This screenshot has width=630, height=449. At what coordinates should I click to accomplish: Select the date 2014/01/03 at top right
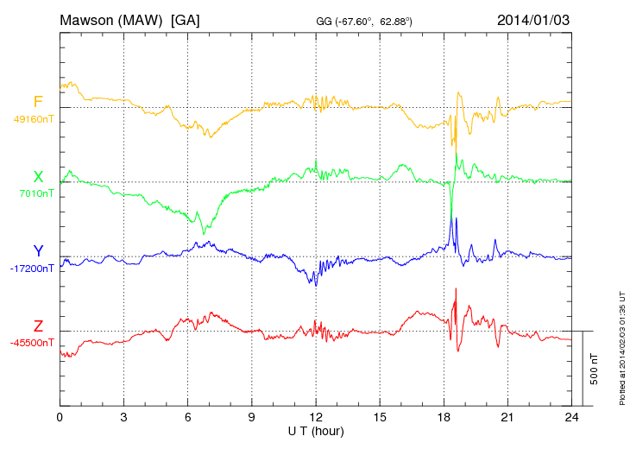click(x=533, y=20)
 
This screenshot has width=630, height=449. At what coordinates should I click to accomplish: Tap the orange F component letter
click(x=38, y=102)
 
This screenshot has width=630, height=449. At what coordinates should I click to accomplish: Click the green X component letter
click(x=38, y=177)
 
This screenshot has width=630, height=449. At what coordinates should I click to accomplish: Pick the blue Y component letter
click(x=38, y=251)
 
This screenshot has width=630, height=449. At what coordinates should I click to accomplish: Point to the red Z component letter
click(x=38, y=326)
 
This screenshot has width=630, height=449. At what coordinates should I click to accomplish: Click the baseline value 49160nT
click(x=34, y=119)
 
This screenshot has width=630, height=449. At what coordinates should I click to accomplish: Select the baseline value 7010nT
click(x=36, y=194)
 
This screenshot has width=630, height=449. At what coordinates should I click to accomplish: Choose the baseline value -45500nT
click(x=32, y=343)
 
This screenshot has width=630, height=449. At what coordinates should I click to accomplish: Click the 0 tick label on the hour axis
click(x=60, y=417)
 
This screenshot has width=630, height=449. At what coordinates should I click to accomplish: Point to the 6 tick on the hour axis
click(x=188, y=417)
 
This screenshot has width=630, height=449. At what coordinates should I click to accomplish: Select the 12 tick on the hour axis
click(x=316, y=417)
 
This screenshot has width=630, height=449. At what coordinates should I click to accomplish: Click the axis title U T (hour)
click(x=316, y=430)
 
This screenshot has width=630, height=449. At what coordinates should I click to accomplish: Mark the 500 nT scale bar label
click(x=595, y=369)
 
